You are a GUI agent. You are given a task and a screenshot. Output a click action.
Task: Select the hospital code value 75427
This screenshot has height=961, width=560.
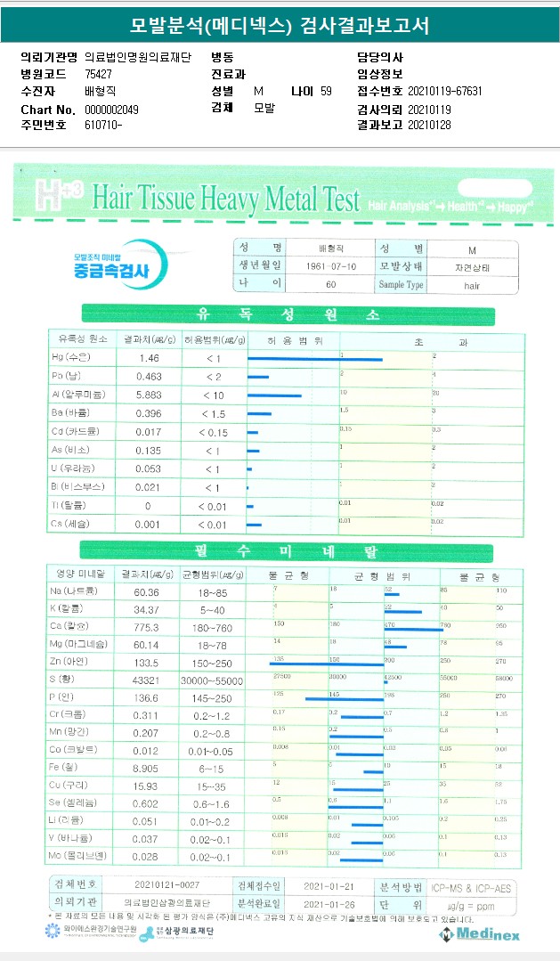click(99, 74)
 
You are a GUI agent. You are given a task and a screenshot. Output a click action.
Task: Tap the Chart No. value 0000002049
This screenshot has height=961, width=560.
click(111, 109)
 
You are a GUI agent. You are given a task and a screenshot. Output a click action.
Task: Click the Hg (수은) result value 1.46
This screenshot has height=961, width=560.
click(149, 358)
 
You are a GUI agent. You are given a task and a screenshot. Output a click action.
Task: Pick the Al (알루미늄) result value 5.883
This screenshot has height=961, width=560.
click(149, 395)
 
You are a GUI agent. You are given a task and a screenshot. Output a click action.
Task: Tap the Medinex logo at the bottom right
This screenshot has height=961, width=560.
click(479, 933)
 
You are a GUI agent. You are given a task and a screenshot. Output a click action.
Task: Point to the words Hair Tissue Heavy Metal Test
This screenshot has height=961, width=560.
click(225, 195)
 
